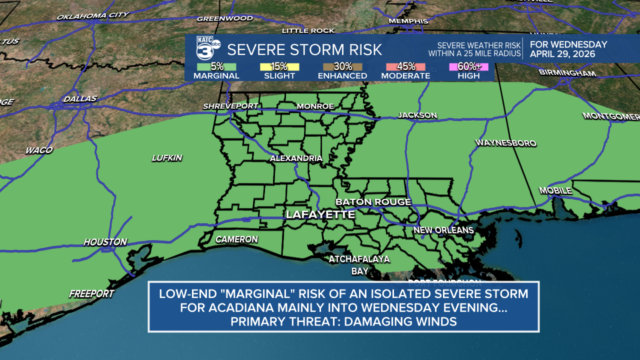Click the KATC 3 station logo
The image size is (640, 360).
207,49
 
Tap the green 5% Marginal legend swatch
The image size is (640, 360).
216,67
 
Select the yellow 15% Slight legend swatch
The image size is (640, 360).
279,67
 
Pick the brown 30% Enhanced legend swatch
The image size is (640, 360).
342,67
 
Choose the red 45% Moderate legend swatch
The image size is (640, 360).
405,67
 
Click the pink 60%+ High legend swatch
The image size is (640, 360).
468,67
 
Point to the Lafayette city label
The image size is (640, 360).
320,214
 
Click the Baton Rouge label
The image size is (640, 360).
373,202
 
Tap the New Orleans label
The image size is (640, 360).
443,230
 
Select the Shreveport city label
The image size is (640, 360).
230,106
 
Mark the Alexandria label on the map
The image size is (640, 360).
296,158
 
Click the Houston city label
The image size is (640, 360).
105,242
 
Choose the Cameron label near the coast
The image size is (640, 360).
236,239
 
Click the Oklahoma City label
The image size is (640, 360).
92,16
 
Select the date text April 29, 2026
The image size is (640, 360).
562,54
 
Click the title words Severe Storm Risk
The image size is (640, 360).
304,49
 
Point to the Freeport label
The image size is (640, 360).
91,293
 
